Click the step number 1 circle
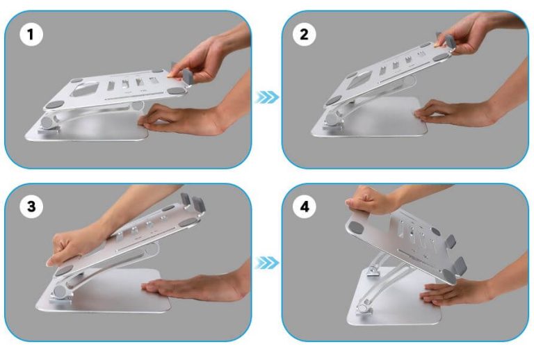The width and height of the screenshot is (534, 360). tap(31, 34)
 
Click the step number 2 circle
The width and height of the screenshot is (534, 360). tap(304, 34)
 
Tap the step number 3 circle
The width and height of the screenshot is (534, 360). tap(31, 206)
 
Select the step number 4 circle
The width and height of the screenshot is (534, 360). tap(304, 206)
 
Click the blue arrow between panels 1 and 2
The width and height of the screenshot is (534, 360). tap(267, 97)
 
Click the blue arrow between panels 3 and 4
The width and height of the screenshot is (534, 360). tap(267, 263)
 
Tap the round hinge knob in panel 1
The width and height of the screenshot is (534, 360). tap(46, 121)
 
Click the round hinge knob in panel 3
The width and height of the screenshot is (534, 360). tap(59, 292)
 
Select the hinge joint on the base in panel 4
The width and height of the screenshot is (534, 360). tap(363, 309)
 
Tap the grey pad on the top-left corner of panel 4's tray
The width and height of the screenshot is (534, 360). tap(356, 227)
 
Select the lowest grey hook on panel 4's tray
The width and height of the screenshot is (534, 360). tap(459, 266)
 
